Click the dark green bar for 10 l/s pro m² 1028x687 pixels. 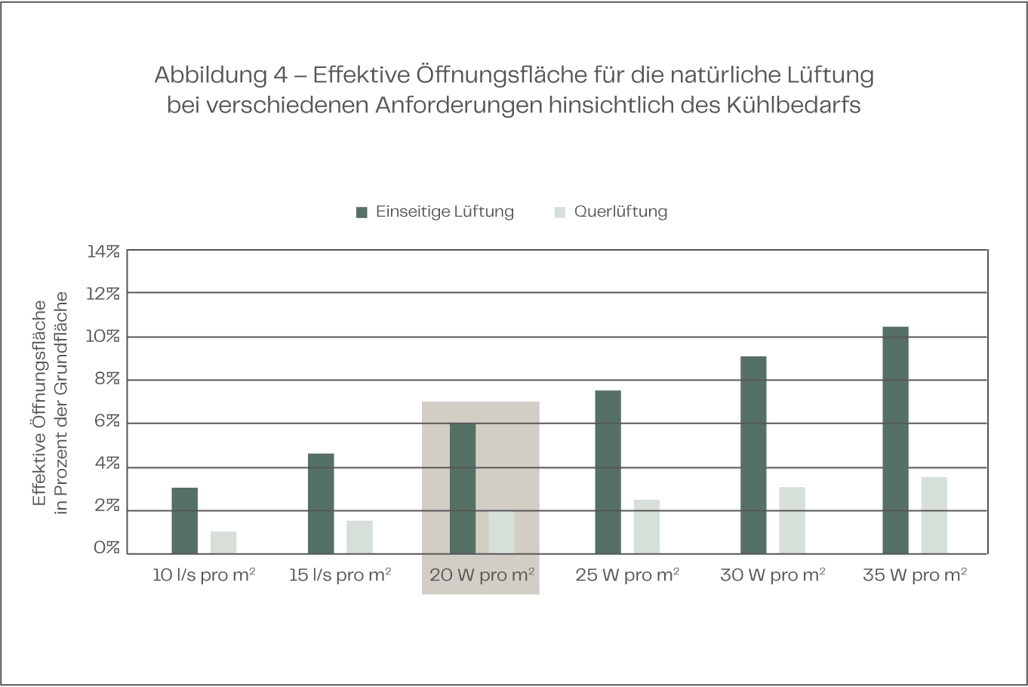click(184, 520)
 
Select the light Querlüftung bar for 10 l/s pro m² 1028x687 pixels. click(223, 542)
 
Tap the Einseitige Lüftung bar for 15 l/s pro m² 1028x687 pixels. click(321, 503)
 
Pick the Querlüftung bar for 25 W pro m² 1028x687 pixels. click(646, 526)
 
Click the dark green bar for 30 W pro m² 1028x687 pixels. click(753, 454)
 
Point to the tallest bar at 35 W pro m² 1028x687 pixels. click(895, 439)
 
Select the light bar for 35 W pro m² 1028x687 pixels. click(934, 515)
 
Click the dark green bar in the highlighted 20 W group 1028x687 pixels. click(463, 488)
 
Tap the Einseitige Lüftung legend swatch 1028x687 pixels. click(362, 212)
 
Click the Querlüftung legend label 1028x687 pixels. click(620, 211)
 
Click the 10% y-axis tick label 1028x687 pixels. click(103, 337)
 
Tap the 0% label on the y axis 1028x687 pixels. click(106, 549)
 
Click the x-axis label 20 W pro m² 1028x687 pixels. click(482, 575)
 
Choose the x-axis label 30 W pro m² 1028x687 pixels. click(772, 575)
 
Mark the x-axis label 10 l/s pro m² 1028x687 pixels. click(204, 575)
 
